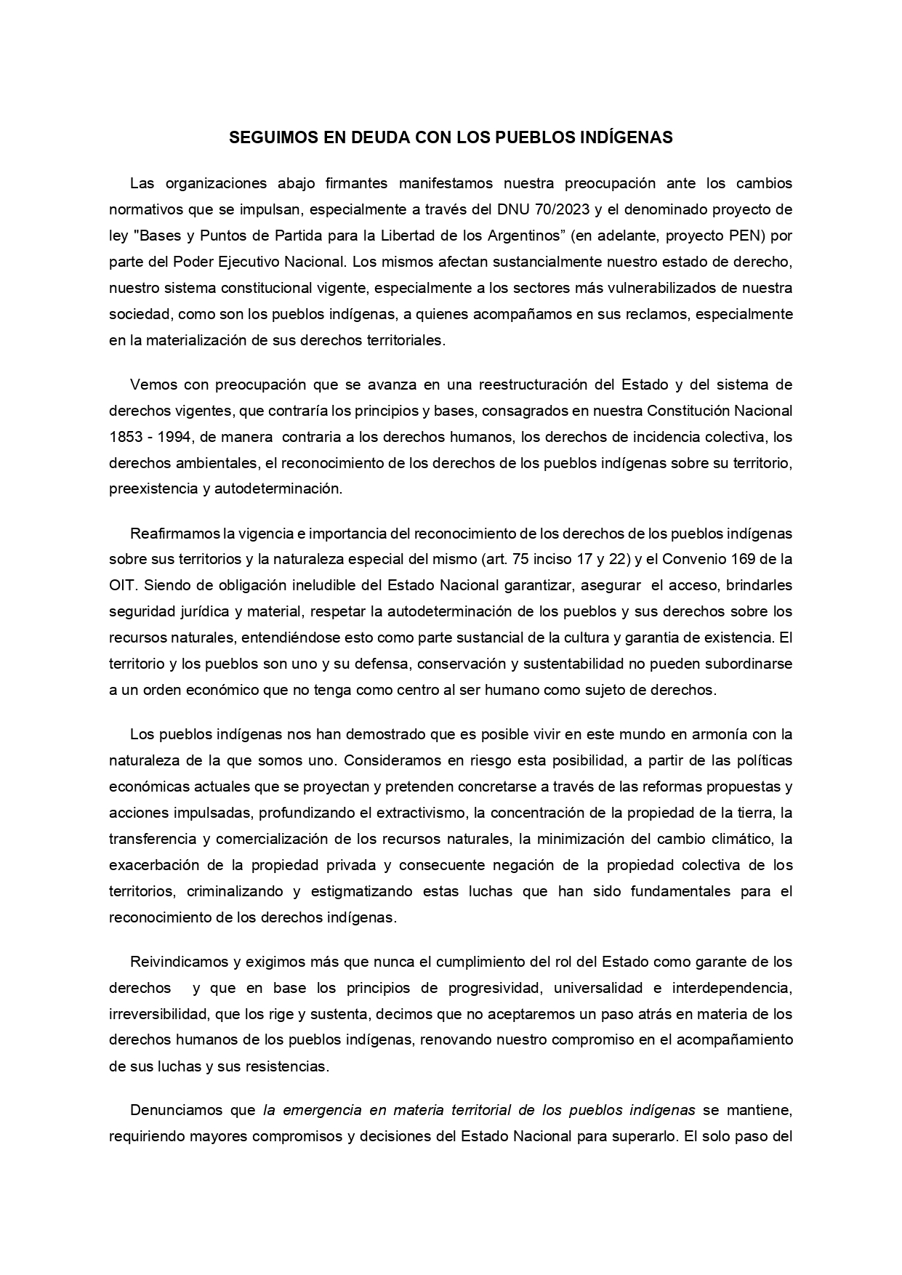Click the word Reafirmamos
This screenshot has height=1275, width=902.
click(x=175, y=534)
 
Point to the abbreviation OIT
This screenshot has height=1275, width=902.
click(x=121, y=586)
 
